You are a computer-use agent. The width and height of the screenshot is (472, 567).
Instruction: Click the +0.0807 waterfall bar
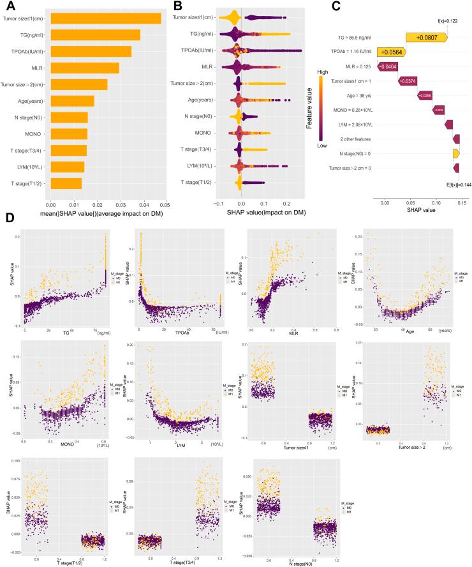click(x=427, y=38)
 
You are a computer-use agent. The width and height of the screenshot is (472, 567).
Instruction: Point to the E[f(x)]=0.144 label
click(x=449, y=183)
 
